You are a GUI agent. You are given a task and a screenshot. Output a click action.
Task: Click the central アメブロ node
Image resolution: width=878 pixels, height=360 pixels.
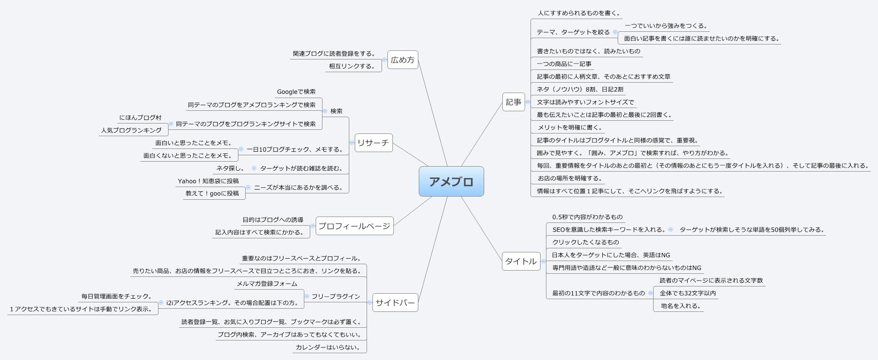451,182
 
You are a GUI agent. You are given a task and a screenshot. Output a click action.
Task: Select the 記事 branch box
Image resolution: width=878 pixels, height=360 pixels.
513,102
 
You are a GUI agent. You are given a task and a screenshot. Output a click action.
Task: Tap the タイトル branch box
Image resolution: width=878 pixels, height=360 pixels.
521,261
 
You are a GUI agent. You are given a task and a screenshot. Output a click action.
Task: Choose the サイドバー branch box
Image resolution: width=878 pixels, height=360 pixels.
395,303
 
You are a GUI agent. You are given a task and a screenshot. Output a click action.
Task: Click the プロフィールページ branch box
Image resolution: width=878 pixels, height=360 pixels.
354,226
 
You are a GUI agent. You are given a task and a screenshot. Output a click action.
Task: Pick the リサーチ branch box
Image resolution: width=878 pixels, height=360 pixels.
373,143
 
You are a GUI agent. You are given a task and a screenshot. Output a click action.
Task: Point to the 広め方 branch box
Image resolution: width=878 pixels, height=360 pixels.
402,60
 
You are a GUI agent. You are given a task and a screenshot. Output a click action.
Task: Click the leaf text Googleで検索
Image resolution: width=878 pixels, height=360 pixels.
296,92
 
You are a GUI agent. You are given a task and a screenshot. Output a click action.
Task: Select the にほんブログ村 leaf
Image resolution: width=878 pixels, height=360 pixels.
140,118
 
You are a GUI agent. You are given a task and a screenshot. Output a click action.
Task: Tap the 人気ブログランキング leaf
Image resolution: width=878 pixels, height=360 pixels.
131,130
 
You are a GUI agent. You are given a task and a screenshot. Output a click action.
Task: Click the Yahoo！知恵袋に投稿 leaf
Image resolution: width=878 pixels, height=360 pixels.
208,181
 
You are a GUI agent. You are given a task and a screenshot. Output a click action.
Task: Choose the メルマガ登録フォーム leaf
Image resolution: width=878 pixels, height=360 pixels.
267,284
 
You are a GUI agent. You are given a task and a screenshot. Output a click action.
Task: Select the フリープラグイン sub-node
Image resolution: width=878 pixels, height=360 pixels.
336,296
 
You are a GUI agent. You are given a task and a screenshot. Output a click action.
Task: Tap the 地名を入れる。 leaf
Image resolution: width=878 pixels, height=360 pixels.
680,306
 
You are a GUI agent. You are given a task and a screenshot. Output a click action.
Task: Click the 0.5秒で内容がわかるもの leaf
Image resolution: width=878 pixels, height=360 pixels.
587,217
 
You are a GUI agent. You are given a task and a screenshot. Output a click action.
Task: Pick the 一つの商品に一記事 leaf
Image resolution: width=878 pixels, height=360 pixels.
564,64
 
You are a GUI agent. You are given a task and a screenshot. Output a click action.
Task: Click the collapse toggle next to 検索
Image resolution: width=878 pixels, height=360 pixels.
325,111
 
